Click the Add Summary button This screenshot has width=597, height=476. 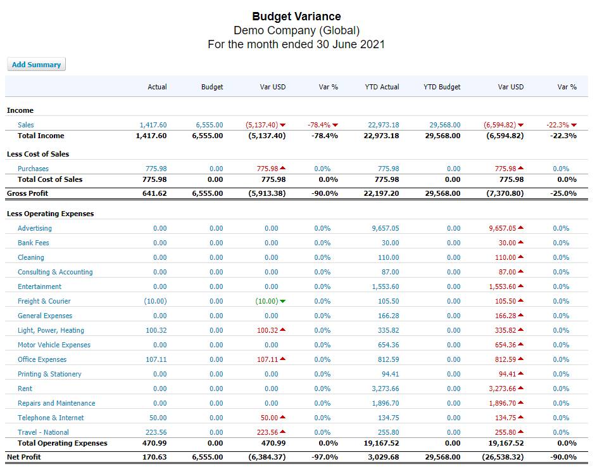coord(36,65)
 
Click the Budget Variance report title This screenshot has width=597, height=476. coord(296,16)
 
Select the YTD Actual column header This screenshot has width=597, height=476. coord(382,87)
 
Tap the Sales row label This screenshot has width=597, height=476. coord(26,125)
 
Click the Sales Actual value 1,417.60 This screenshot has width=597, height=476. coord(153,125)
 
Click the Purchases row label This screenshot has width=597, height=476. coord(33,169)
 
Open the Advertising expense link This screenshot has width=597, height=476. coord(35,228)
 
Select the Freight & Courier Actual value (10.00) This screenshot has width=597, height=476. coord(155,301)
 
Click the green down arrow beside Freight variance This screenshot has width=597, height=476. coord(282,301)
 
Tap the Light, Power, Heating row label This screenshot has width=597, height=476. coord(51,330)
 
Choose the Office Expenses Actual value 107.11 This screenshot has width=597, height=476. coord(156,359)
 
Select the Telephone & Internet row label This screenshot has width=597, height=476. coord(51,418)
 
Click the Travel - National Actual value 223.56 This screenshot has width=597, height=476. coord(156,432)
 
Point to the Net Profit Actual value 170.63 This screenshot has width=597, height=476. coord(155,457)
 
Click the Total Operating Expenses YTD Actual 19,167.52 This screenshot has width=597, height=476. coord(381,443)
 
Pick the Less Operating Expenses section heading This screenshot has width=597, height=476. coord(50,214)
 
